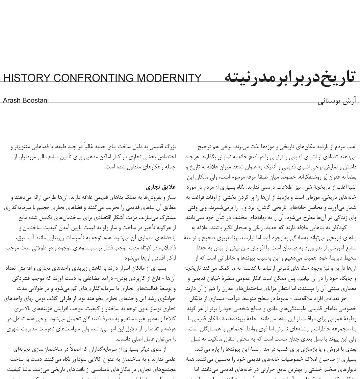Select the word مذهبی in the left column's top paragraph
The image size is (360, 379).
(90, 157)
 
